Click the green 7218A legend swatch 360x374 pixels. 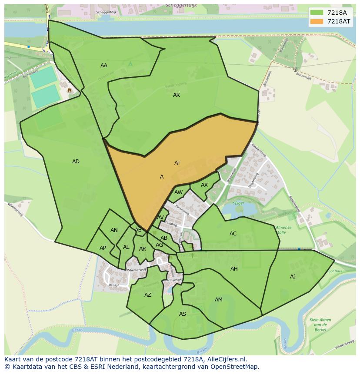tap(317, 12)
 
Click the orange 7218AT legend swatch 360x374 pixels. tap(317, 21)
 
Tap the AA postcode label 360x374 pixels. tap(104, 66)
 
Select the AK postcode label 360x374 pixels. tap(177, 95)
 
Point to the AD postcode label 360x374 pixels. tap(76, 162)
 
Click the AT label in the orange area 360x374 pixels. tap(177, 163)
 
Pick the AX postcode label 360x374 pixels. tap(204, 185)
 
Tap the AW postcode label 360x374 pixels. tap(178, 192)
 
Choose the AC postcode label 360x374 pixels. tap(233, 234)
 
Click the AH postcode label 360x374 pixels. tap(234, 269)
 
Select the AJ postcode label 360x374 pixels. tap(293, 277)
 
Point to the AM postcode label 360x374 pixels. tap(219, 300)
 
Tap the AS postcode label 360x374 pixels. tap(183, 314)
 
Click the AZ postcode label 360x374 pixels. tap(148, 295)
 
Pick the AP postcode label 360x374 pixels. tap(103, 248)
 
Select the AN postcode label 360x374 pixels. tap(114, 230)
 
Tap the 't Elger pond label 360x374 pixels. tap(238, 203)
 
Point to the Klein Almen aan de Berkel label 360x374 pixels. tap(320, 324)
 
